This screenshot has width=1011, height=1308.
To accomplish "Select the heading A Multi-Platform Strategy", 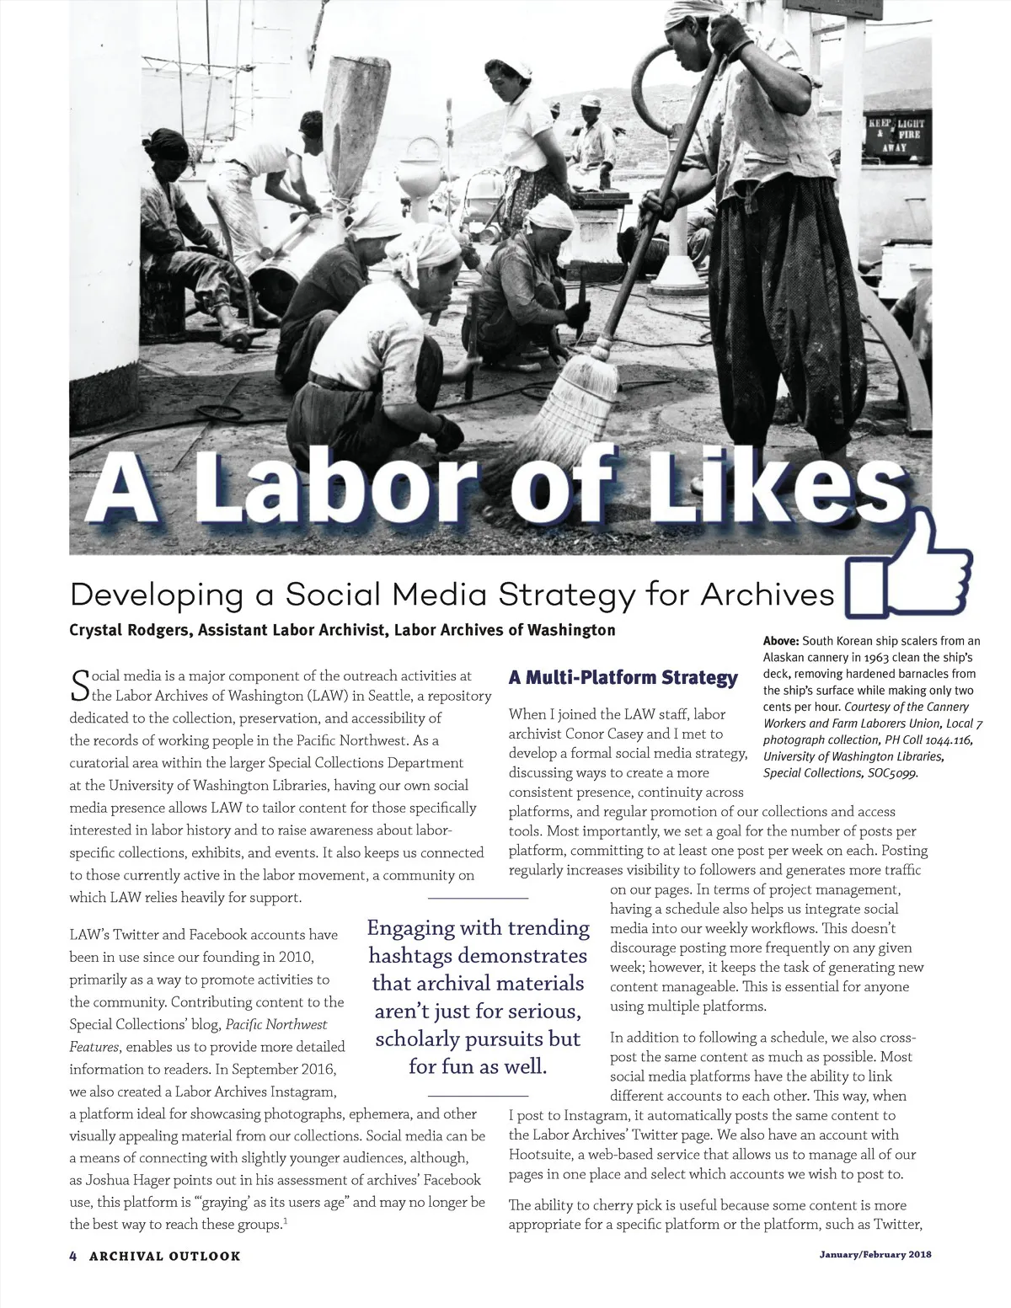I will tap(623, 678).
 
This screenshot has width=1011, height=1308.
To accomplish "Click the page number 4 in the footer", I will tap(73, 1255).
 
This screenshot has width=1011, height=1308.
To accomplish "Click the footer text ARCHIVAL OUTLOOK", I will tap(164, 1255).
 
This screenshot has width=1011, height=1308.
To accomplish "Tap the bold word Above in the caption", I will tap(781, 642).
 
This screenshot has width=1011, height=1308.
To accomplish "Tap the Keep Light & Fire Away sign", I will tap(895, 135).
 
